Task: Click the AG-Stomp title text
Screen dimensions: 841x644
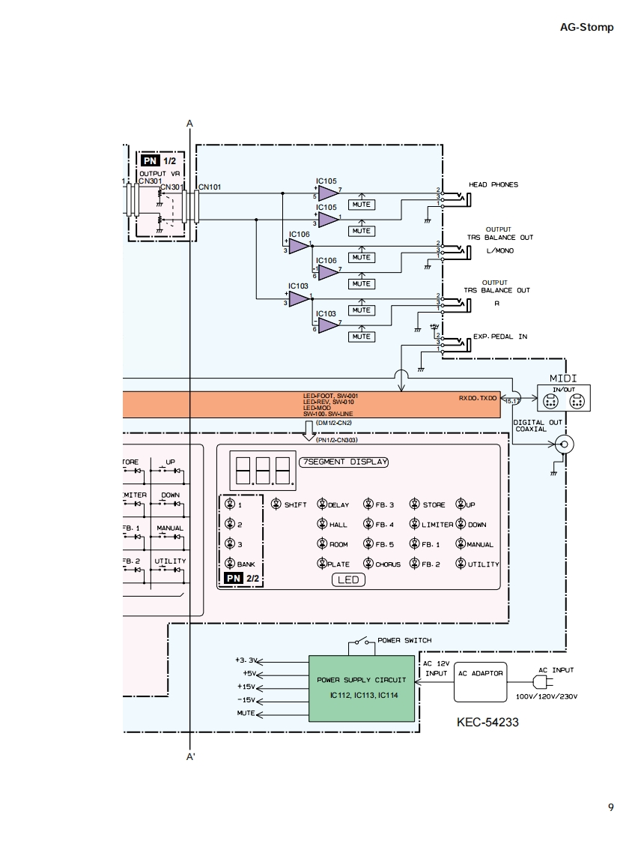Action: [586, 27]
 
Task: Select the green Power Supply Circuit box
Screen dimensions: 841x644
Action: [362, 687]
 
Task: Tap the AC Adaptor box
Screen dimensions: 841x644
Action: [480, 681]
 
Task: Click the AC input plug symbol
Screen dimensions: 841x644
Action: [541, 682]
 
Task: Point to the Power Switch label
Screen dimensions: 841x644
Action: [404, 640]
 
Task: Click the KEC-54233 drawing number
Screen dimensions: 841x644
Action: [487, 723]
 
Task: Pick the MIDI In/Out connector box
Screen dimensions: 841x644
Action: [563, 398]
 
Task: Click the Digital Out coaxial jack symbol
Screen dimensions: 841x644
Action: [563, 444]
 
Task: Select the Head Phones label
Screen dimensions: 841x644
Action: [493, 184]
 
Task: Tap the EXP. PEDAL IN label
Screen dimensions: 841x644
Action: [500, 337]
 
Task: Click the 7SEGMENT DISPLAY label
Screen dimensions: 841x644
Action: [344, 462]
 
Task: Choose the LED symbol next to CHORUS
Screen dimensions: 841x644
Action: [368, 564]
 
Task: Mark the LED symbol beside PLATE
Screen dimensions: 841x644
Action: [323, 564]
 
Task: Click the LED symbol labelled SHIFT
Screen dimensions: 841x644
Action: [277, 504]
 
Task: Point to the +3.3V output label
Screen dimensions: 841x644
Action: [246, 660]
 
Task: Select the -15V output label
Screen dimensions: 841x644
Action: [246, 699]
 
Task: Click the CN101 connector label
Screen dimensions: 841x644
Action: [210, 187]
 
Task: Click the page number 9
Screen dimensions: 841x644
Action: [611, 807]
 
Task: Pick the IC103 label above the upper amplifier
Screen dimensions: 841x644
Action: [298, 286]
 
